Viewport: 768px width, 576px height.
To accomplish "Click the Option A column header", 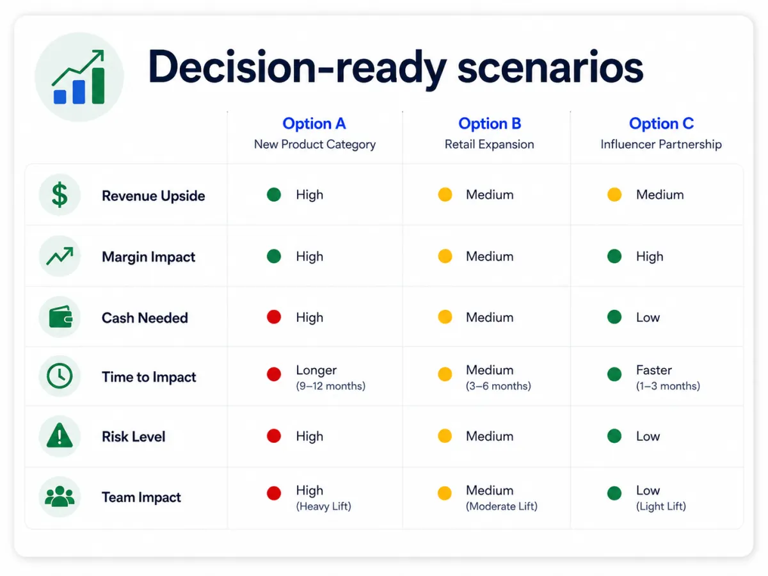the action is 314,124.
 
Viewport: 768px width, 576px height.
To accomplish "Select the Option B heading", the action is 490,124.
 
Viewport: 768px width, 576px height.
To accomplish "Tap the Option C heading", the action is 661,124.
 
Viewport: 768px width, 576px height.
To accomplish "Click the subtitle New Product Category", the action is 314,144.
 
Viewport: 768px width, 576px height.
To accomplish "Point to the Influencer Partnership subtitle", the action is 661,144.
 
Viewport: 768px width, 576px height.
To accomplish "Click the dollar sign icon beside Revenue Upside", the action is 60,195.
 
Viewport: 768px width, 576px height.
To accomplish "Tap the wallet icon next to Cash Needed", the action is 61,317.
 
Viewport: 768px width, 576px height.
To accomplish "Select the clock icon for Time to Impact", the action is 60,376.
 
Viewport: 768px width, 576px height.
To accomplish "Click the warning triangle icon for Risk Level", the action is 60,435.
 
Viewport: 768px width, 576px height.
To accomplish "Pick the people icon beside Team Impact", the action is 60,496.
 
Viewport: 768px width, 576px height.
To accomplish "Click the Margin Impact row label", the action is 148,257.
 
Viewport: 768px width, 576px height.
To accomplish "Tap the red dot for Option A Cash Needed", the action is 274,317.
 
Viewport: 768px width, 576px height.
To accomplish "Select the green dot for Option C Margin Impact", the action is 614,256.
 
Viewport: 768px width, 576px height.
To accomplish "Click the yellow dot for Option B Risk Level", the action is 445,436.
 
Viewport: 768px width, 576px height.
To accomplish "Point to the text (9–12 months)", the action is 331,386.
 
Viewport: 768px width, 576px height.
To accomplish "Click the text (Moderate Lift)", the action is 501,506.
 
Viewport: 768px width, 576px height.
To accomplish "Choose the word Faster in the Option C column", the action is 654,370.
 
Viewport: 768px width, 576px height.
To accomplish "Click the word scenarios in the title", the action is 550,67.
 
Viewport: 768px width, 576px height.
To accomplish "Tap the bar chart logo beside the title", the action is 79,77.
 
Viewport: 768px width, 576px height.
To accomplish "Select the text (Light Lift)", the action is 661,506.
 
